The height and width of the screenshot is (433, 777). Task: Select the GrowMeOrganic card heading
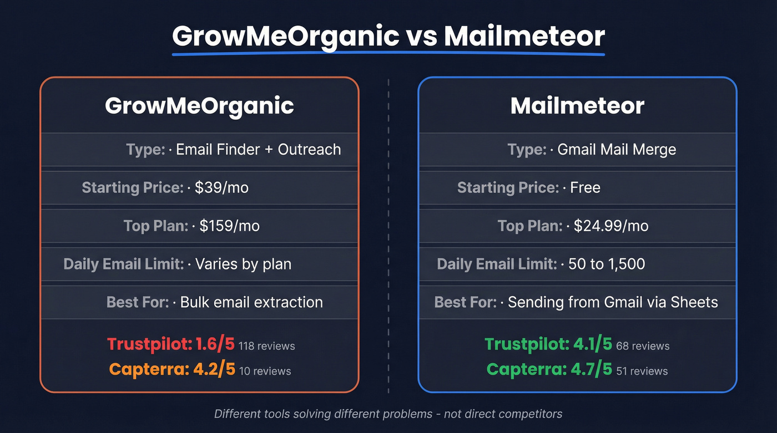(199, 106)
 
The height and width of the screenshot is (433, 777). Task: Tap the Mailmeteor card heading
(577, 106)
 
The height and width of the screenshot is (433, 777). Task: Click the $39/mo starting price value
(221, 187)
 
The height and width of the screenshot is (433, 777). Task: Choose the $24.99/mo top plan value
(611, 226)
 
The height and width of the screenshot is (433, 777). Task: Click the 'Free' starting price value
(585, 187)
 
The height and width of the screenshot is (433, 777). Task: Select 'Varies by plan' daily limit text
(243, 264)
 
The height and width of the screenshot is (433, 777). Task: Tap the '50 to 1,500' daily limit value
(607, 264)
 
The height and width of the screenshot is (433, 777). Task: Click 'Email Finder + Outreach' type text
(258, 150)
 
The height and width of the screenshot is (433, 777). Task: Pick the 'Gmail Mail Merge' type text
(617, 150)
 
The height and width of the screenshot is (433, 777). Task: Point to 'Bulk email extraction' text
(251, 302)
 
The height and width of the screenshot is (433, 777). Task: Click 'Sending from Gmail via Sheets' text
(613, 302)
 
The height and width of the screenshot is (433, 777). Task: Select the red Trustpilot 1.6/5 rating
(171, 344)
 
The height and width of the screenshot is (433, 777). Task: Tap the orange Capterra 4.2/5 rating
(172, 369)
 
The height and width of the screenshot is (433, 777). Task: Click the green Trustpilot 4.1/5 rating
(548, 344)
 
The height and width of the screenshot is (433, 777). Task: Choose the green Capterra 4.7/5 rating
(549, 369)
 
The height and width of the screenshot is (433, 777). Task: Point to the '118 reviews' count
(267, 346)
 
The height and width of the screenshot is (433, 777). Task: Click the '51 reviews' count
(642, 371)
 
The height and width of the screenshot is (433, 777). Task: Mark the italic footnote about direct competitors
(388, 414)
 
